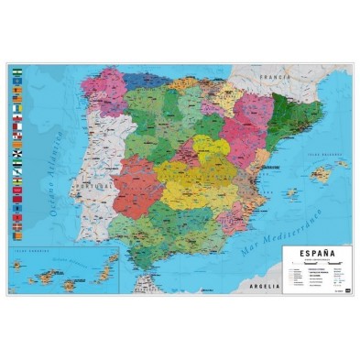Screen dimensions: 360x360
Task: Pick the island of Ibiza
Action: coord(292,194)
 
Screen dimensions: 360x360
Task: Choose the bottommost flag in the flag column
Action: coord(16,235)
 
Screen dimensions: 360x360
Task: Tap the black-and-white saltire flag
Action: coord(16,154)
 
